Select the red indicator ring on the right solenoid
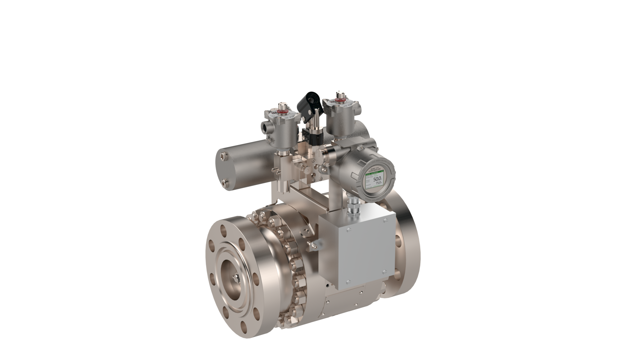[340, 99]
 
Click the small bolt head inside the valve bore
[236, 277]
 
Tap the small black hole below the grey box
[328, 286]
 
